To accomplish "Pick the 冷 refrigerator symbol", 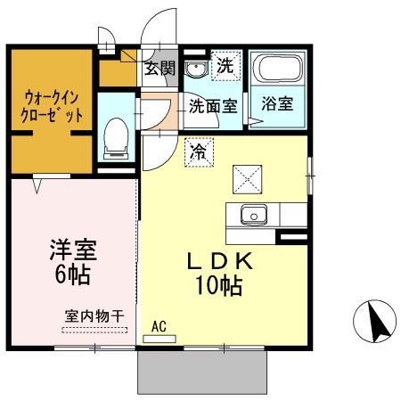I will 199,152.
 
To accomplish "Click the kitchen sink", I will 252,214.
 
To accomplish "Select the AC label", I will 160,326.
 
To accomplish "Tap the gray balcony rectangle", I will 203,369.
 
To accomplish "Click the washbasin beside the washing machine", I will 196,68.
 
